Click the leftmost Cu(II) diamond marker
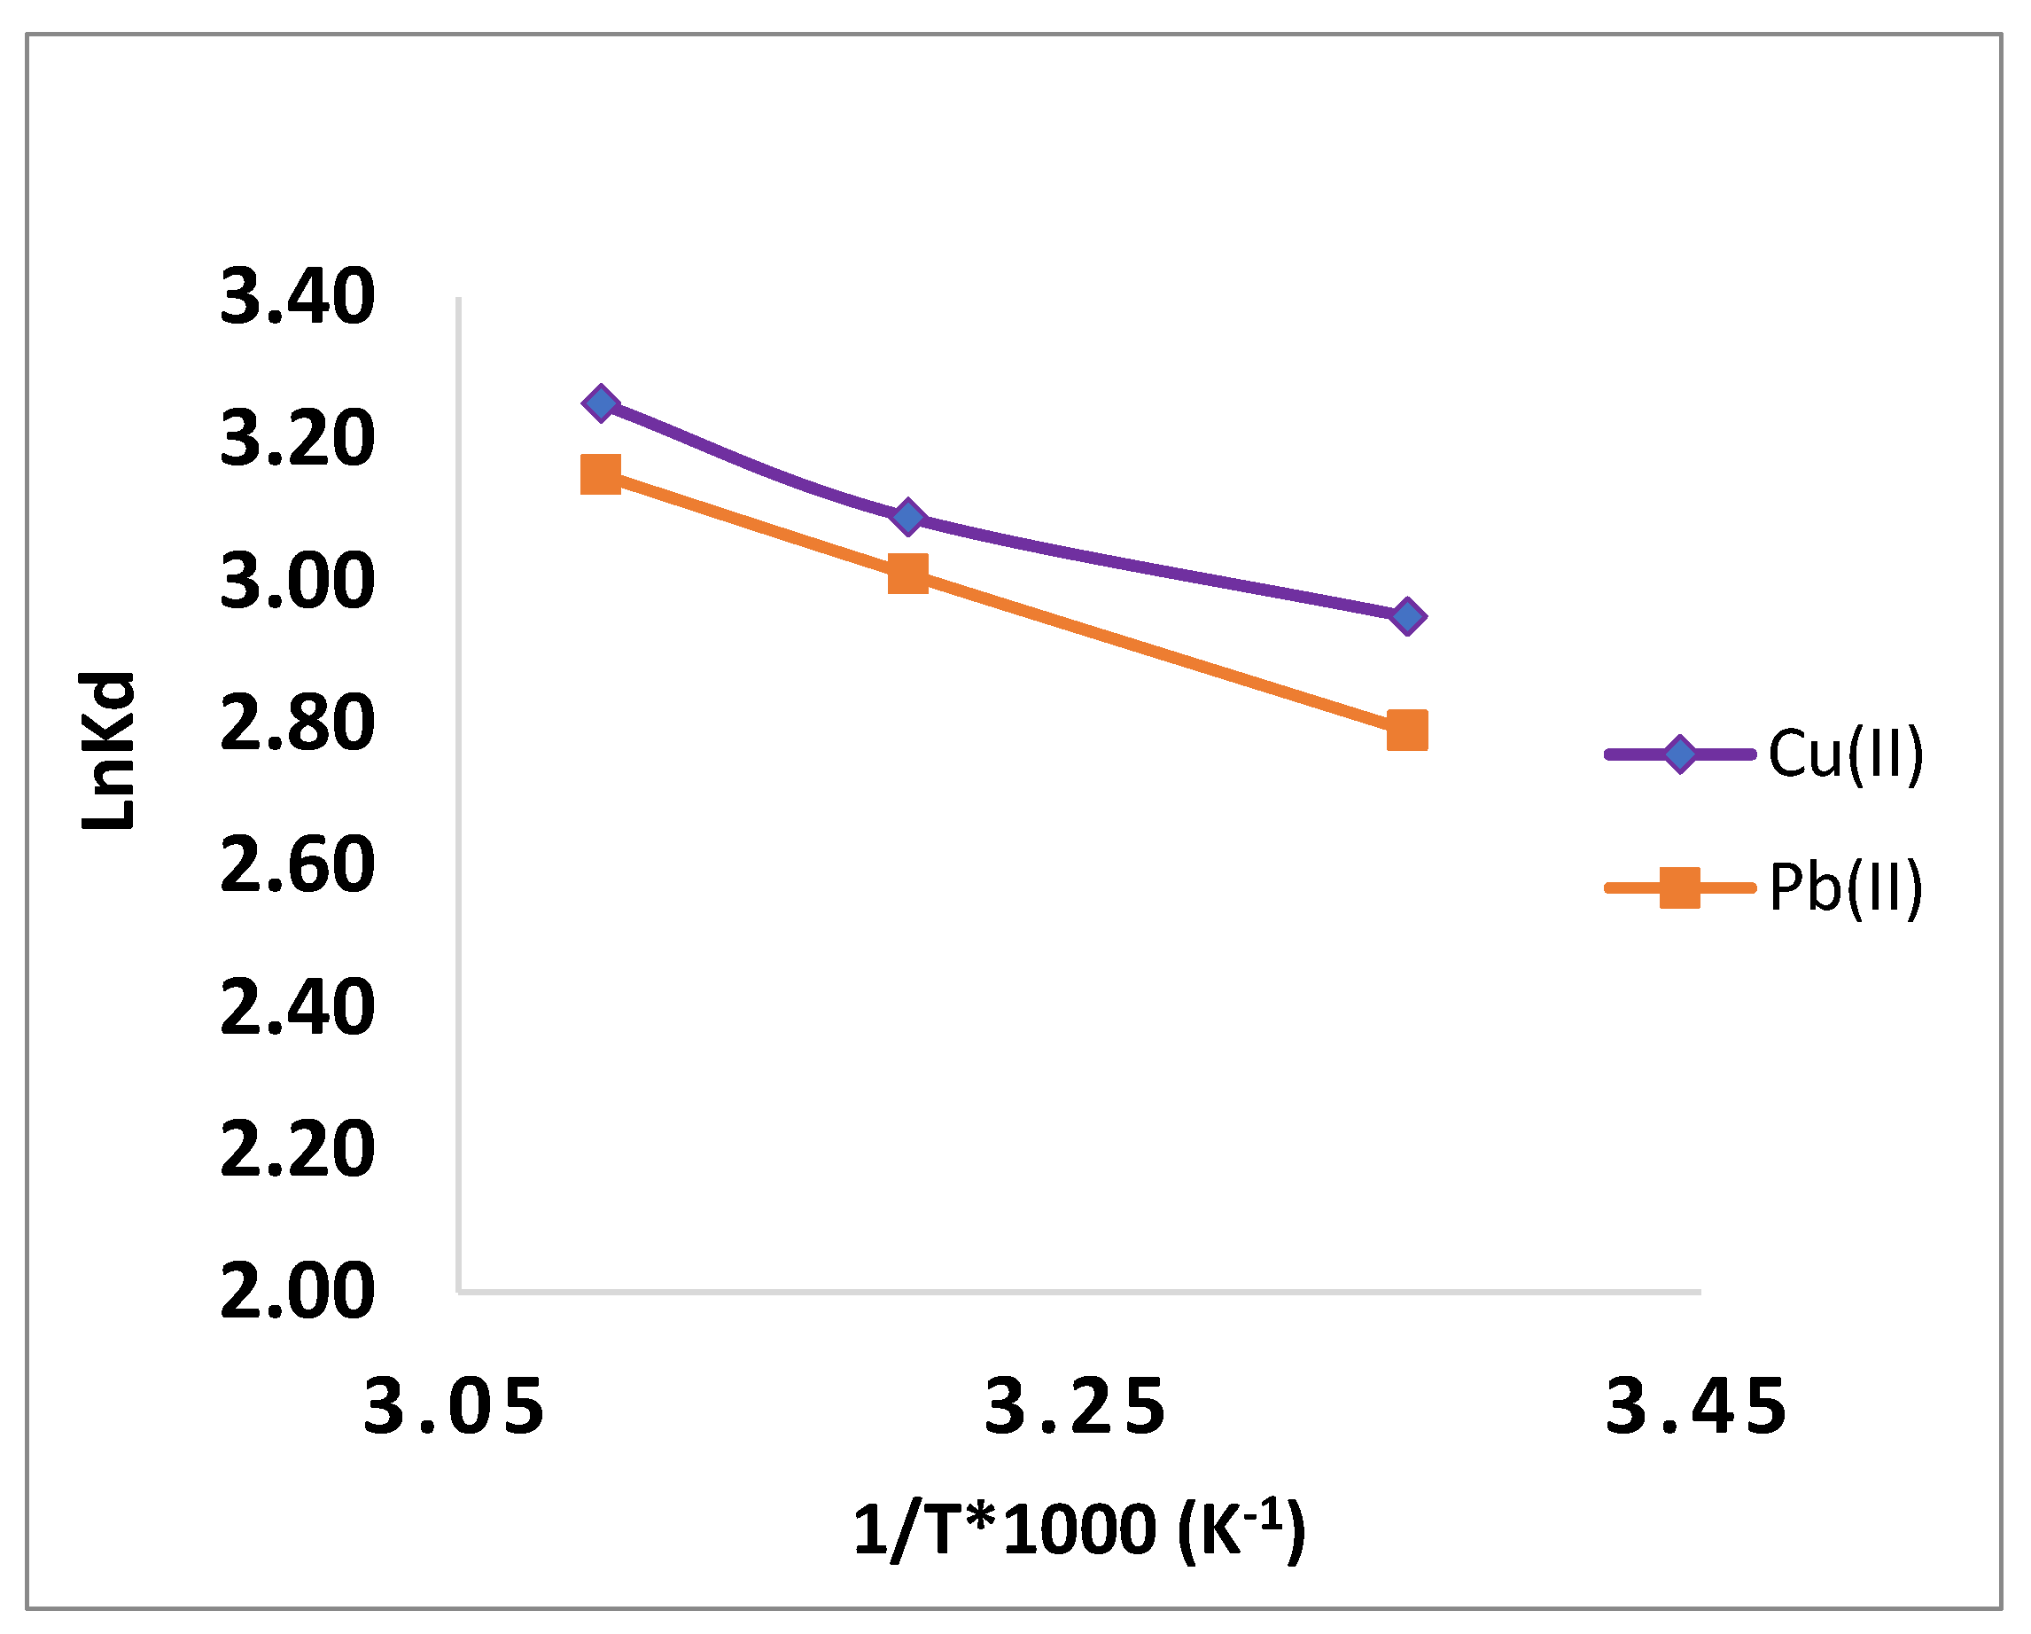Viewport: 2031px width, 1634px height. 601,404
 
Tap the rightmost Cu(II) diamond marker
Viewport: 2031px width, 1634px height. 1407,617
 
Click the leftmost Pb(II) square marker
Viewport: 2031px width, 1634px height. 601,474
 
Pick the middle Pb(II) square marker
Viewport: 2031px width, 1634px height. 908,574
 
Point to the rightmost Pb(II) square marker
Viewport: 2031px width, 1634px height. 1407,731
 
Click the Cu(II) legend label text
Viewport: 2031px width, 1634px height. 1845,754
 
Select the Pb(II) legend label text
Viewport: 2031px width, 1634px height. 1845,887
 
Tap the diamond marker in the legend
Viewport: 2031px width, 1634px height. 1679,754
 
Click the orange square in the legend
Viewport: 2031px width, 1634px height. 1679,887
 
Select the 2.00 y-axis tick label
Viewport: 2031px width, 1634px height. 298,1292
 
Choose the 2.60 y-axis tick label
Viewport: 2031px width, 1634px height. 298,866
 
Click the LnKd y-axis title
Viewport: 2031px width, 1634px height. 107,752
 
